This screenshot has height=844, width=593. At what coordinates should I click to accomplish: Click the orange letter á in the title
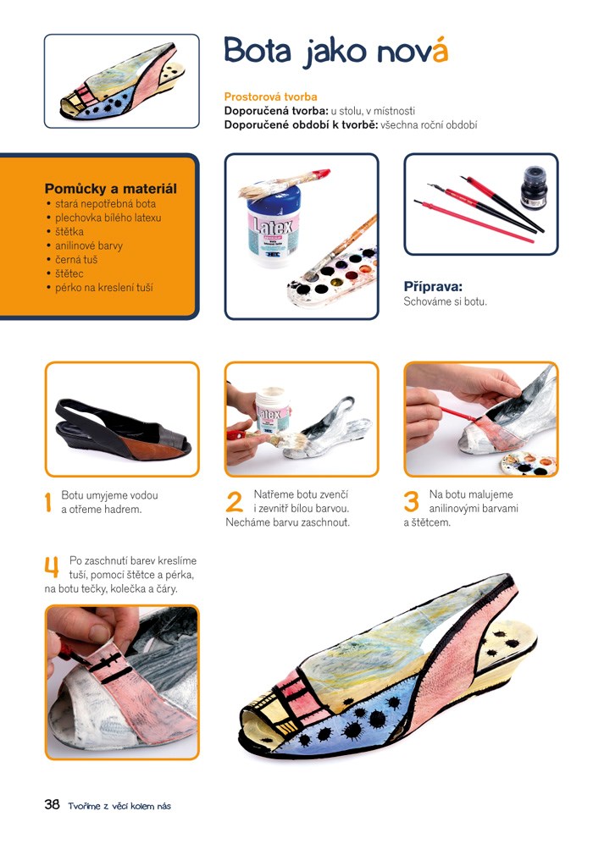point(440,50)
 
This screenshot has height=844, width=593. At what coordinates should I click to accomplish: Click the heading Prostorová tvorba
point(270,97)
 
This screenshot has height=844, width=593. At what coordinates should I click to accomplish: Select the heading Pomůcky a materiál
point(110,189)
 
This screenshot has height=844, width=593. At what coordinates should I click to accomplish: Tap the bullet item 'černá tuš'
point(76,259)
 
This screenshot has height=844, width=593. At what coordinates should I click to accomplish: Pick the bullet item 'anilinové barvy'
point(89,246)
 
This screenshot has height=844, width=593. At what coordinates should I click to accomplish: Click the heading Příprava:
point(433,287)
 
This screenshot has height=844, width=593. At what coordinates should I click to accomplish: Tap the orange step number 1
point(48,502)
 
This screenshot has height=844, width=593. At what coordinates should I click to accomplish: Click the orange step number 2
point(235,502)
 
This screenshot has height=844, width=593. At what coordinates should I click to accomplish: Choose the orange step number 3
point(412,502)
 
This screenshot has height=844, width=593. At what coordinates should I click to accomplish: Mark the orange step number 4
point(52,567)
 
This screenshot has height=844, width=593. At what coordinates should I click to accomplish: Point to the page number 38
point(52,804)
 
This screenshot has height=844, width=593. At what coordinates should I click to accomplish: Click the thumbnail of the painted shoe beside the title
point(122,81)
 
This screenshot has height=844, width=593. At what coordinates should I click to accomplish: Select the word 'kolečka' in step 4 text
point(128,589)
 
